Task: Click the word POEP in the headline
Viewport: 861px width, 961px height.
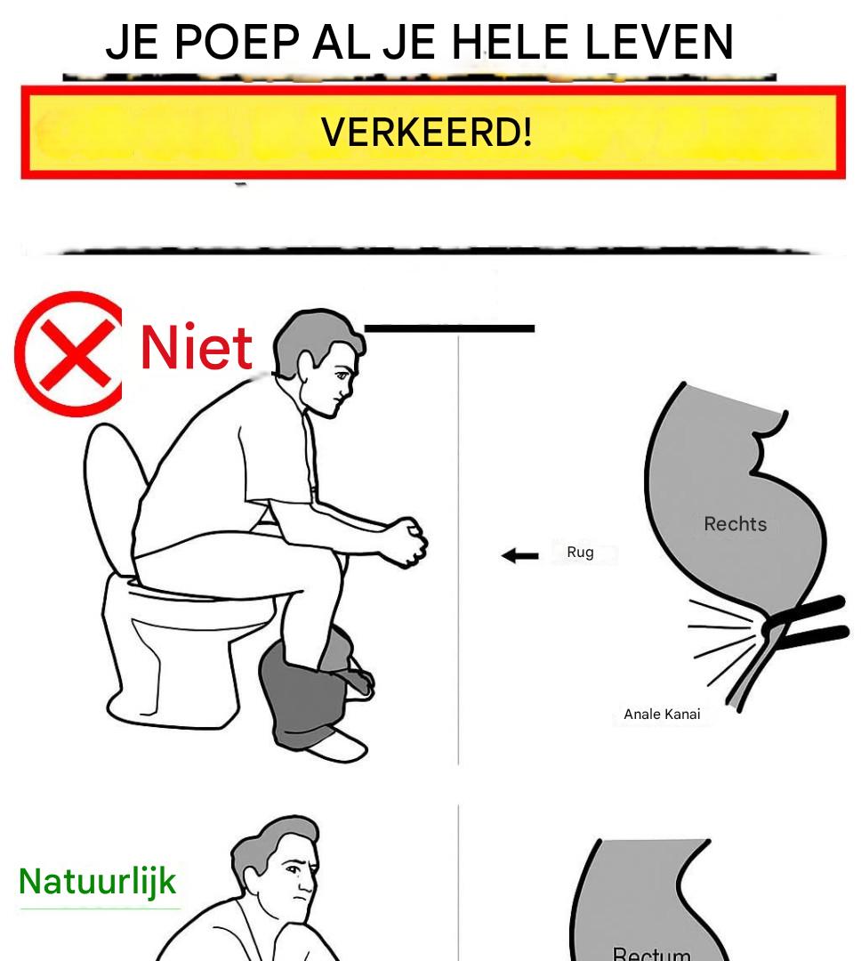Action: point(237,43)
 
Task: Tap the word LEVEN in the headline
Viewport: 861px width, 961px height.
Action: point(659,43)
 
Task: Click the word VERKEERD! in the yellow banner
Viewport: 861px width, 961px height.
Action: point(427,132)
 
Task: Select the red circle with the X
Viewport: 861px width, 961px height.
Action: point(68,353)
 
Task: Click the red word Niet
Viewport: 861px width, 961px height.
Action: point(196,347)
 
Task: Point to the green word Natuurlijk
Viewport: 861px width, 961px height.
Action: point(98,883)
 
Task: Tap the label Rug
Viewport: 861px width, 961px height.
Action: point(580,553)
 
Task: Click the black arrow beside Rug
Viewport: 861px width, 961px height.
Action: point(519,556)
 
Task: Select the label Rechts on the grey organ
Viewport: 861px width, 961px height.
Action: point(735,524)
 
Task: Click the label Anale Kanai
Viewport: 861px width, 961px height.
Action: point(662,714)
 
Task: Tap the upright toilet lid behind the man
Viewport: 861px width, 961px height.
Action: point(113,497)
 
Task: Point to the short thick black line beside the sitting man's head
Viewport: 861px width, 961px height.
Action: point(450,329)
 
